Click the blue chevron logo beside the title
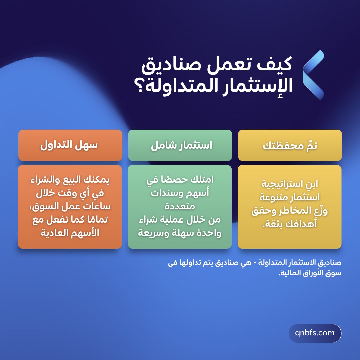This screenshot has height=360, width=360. (313, 75)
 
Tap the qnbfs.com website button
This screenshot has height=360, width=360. (315, 333)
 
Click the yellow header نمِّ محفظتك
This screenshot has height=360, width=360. (290, 146)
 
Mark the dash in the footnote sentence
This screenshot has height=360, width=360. (254, 263)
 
